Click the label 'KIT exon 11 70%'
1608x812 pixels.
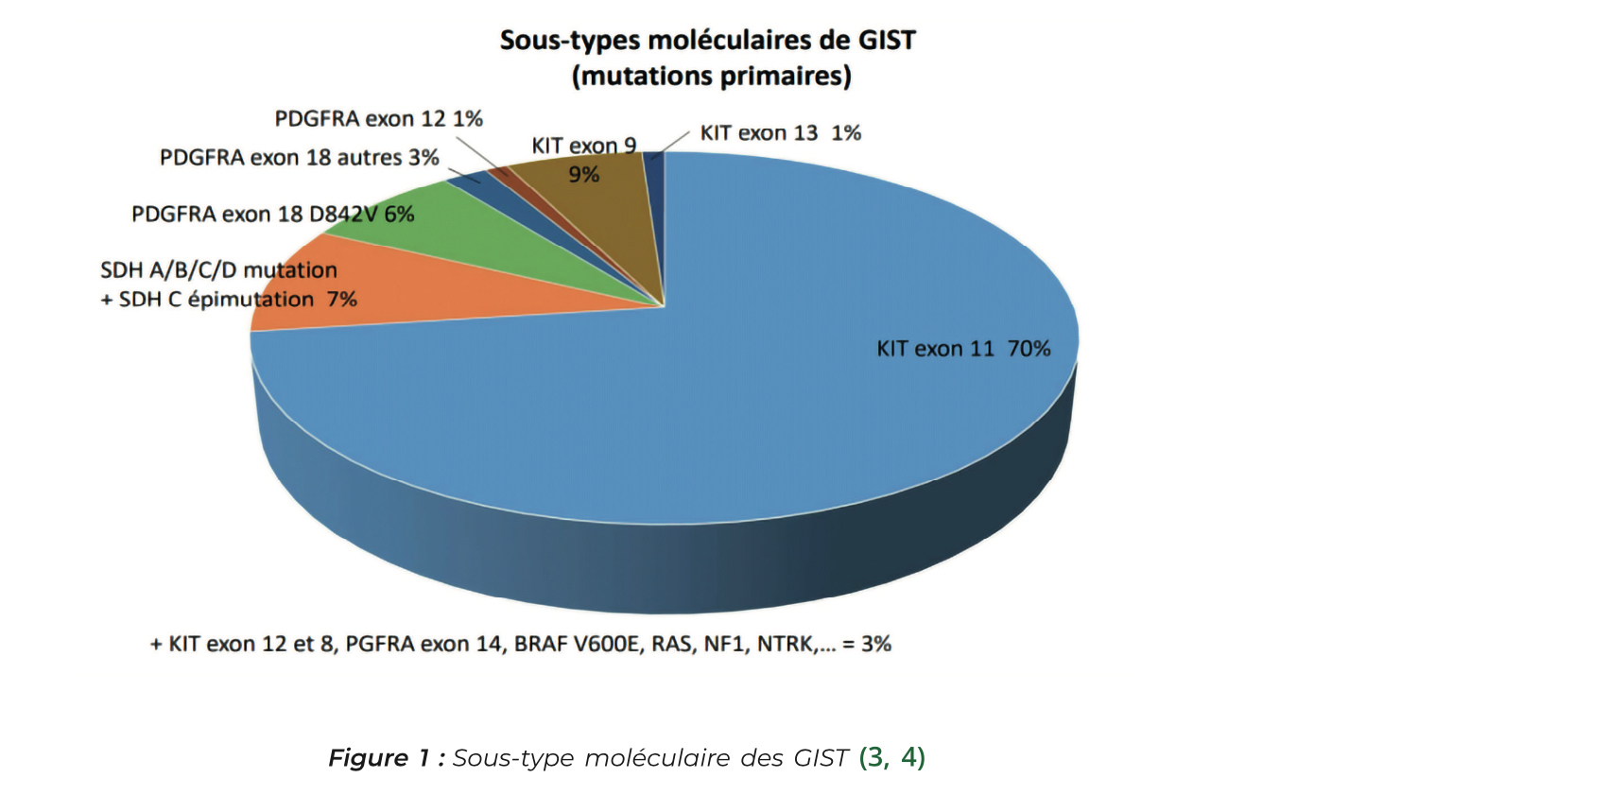coord(962,349)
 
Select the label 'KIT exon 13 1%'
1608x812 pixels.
coord(780,133)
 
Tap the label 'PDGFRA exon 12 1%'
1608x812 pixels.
coord(378,119)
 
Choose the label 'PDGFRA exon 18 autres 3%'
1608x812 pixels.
coord(299,158)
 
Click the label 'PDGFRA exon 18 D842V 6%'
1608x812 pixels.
coord(272,215)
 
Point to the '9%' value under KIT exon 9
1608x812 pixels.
coord(583,175)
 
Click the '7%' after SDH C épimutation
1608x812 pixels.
coord(341,300)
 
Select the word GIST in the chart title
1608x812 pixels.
coord(886,41)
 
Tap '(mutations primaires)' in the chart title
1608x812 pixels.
coord(711,76)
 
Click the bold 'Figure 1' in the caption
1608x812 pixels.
coord(381,758)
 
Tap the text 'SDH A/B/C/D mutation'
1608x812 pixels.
coord(218,270)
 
